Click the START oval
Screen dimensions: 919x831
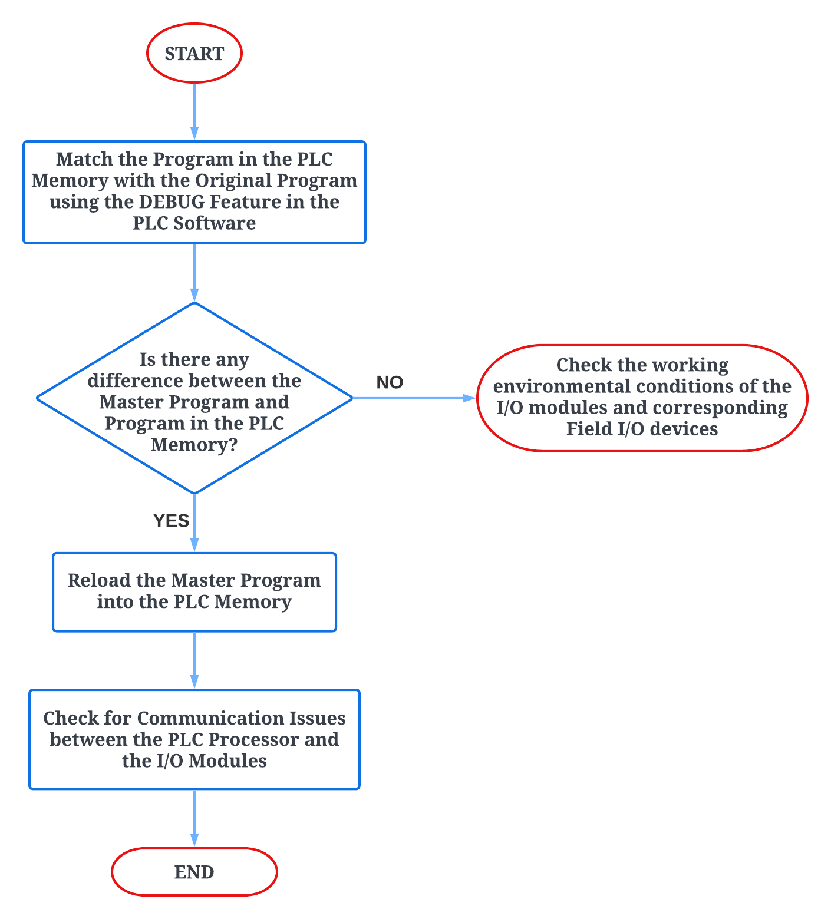pos(194,53)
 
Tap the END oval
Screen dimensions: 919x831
pos(194,872)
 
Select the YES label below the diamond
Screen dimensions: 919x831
pos(171,521)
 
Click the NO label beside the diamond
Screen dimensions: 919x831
pos(390,382)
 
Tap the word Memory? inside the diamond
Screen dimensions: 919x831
pos(194,445)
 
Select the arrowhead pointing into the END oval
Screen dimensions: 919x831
pos(194,840)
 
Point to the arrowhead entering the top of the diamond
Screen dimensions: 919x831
pos(194,295)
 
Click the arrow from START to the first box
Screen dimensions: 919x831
pos(194,106)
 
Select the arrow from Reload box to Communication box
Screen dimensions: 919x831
pos(194,657)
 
